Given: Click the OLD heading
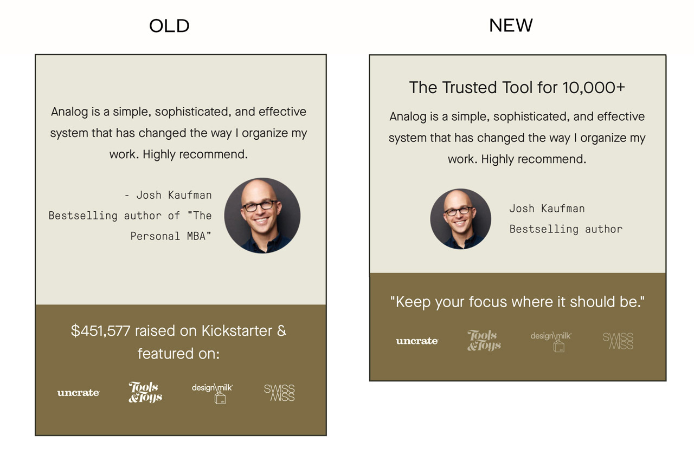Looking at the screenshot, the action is coord(169,25).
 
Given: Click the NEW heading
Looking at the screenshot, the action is coord(511,25).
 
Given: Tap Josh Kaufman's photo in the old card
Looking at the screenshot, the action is coord(262,216).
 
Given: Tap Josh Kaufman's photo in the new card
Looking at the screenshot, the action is coord(461,219).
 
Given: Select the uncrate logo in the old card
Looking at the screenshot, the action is coord(79,393).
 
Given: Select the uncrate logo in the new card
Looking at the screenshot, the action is coord(417,341).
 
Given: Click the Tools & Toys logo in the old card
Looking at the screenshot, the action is coord(145,392).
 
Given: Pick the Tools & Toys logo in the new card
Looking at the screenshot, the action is coord(484,341).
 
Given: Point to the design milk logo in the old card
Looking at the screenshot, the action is coord(213,393).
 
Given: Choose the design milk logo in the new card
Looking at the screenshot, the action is coord(551,342).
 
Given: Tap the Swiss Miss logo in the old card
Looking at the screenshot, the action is coord(279,393).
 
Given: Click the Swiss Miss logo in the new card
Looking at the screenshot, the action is coord(618,341).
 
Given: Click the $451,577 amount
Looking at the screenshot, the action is coord(100,331).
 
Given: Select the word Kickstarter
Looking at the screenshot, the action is coord(237,330).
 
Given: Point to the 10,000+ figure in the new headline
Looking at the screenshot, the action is coord(594,88).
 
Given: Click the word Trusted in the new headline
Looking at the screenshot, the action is coord(470,87).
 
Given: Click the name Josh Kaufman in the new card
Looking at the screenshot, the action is coord(547,209).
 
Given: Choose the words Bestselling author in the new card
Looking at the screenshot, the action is coord(566,229).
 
